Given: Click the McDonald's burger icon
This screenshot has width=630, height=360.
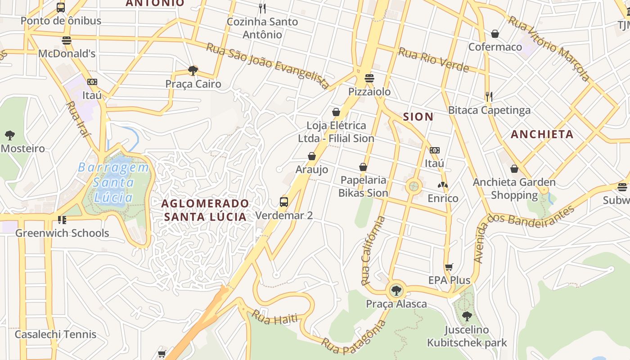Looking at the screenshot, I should (x=67, y=40).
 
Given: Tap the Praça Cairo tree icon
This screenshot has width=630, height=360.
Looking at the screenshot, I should (x=193, y=71).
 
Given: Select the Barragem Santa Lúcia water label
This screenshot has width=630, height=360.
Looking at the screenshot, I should (x=113, y=182).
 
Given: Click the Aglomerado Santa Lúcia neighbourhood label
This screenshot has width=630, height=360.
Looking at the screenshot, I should (x=205, y=210).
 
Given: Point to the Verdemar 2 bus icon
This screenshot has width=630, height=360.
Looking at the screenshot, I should (x=283, y=202).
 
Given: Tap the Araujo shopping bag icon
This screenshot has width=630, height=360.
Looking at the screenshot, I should (x=311, y=156).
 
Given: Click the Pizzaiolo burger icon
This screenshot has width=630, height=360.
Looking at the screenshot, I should (x=369, y=78).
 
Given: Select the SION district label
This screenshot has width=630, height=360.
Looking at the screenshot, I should (x=418, y=117).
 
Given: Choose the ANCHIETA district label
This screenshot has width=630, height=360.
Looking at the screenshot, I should (x=542, y=134).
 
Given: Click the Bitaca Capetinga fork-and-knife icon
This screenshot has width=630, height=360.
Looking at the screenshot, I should (x=489, y=96).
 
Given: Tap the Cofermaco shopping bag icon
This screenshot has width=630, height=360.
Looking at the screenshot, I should (x=495, y=34).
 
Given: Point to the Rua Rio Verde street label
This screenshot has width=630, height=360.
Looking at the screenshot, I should (x=433, y=60).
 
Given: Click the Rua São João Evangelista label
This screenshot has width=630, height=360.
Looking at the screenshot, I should (x=268, y=66).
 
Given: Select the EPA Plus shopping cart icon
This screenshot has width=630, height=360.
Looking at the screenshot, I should (x=449, y=267).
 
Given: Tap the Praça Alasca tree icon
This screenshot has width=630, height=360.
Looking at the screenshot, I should (x=396, y=291).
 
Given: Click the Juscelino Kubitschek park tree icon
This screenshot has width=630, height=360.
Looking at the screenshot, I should (x=467, y=316).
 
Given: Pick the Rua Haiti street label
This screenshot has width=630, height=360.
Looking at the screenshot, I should (x=274, y=318).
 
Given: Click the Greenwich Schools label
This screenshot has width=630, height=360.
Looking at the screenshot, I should (x=62, y=233).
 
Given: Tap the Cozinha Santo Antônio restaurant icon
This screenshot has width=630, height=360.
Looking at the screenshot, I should (x=262, y=8).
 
